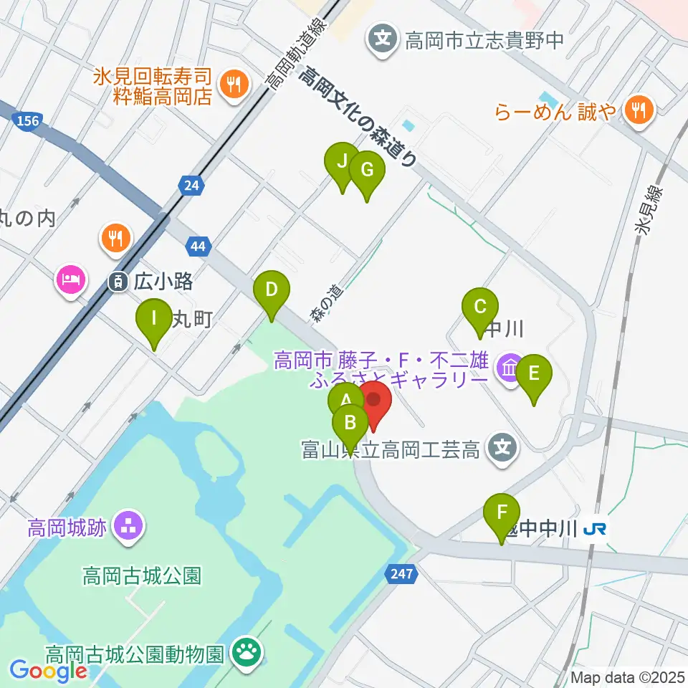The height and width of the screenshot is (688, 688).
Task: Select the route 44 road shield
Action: coord(199,247)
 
